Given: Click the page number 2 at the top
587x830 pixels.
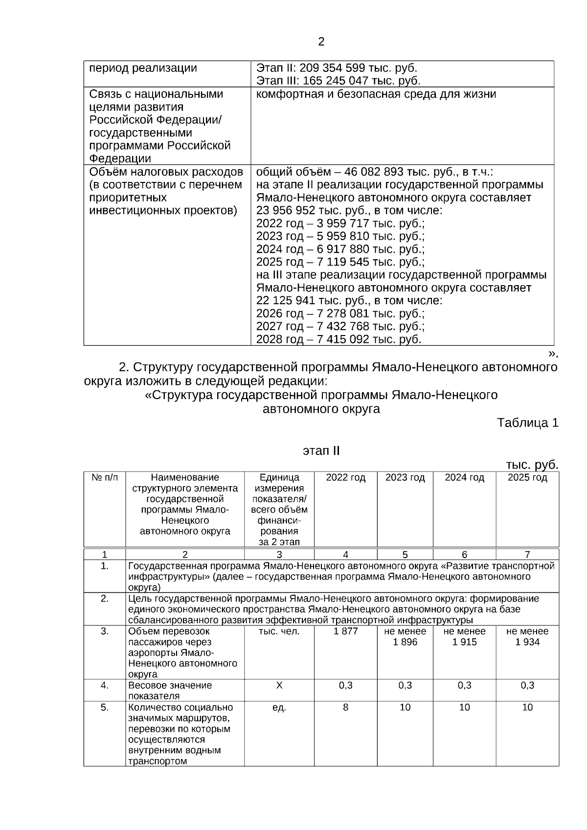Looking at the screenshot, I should pyautogui.click(x=321, y=42).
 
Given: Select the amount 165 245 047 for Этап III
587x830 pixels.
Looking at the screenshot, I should pyautogui.click(x=335, y=81).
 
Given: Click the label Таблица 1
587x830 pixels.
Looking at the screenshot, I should pyautogui.click(x=527, y=423).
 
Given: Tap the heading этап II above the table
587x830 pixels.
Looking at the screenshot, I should pyautogui.click(x=321, y=450).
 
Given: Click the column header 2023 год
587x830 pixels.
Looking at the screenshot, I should pyautogui.click(x=405, y=478).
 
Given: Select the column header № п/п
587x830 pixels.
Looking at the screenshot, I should pyautogui.click(x=105, y=478).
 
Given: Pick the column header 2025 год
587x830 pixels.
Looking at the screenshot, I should pyautogui.click(x=527, y=478).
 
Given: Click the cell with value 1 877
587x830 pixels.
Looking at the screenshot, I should pyautogui.click(x=345, y=631).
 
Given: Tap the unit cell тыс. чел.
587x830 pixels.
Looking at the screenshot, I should pyautogui.click(x=279, y=631).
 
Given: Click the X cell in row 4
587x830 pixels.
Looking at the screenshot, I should pyautogui.click(x=279, y=686).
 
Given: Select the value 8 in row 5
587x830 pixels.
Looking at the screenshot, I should pyautogui.click(x=345, y=707).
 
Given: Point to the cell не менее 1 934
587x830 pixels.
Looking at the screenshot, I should pyautogui.click(x=527, y=637).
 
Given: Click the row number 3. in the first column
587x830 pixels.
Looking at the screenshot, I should pyautogui.click(x=105, y=631).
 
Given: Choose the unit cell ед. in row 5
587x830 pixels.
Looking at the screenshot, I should pyautogui.click(x=279, y=707).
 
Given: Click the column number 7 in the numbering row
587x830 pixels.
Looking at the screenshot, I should pyautogui.click(x=527, y=554).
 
